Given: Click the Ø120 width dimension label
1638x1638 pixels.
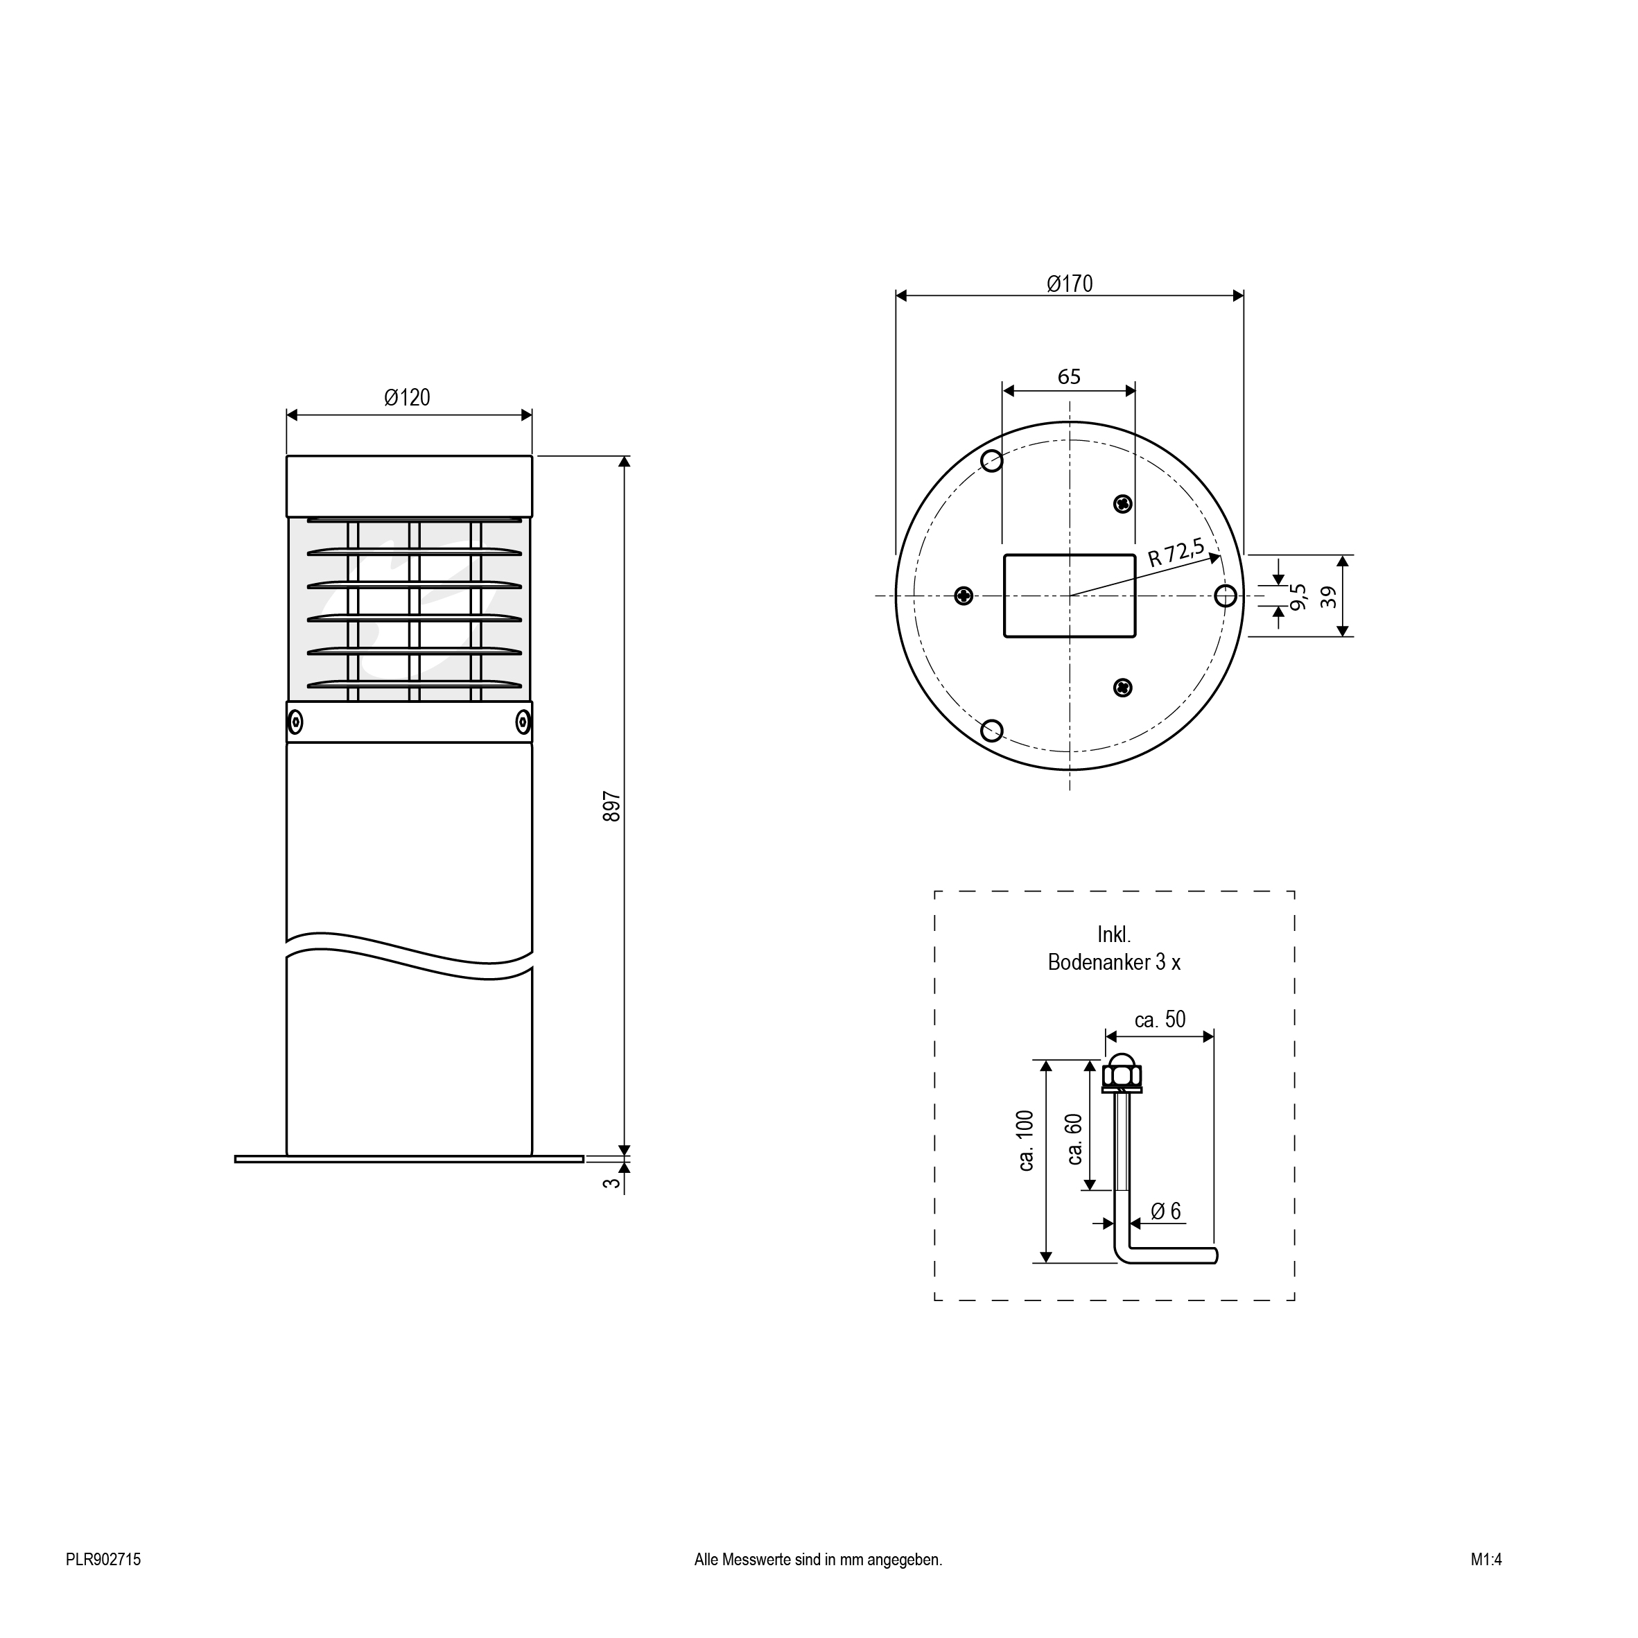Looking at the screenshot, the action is tap(407, 398).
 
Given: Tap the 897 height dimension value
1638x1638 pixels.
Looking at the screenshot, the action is tap(612, 806).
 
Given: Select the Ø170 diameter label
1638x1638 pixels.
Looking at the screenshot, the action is tap(1070, 284).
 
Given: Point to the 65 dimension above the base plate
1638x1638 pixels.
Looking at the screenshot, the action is tap(1069, 376).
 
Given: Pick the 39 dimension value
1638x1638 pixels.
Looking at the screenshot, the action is tap(1329, 596).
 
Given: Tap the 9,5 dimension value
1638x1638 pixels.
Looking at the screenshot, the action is tap(1298, 596).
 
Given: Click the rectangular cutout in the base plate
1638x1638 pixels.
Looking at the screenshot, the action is tap(1069, 596).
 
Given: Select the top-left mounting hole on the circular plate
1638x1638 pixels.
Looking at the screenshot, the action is tap(992, 461).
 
